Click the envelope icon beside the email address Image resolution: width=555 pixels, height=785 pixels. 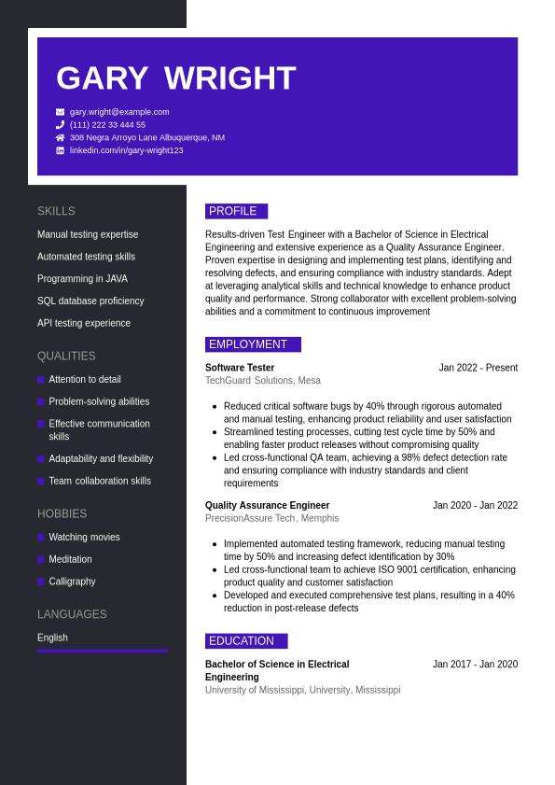coord(60,112)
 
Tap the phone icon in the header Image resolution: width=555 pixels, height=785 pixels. coord(60,125)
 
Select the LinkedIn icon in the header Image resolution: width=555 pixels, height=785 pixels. coord(60,150)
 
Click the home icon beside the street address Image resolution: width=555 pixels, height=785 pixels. coord(60,137)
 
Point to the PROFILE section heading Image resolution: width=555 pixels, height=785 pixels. coord(235,211)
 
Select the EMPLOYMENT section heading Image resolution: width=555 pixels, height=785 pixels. coord(252,344)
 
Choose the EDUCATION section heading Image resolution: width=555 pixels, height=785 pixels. coord(245,641)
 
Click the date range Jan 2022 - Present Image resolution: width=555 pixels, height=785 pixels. coord(478,368)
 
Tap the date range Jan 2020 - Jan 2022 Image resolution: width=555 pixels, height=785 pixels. coord(475,506)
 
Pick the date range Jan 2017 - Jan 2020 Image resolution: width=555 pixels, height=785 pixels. coord(475,665)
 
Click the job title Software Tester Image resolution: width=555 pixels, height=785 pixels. coord(240,368)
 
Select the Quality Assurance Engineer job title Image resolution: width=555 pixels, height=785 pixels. coord(267,506)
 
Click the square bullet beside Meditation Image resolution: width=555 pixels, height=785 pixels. coord(41,560)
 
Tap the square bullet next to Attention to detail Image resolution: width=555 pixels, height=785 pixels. coord(41,380)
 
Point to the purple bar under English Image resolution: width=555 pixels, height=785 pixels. coord(103,651)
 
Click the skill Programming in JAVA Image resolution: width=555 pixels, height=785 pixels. coord(82,279)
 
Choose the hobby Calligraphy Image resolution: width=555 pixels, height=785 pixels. coord(72,582)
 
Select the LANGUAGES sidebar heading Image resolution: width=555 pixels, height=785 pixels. coord(72,614)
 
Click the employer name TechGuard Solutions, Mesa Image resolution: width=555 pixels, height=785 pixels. coord(262,381)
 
